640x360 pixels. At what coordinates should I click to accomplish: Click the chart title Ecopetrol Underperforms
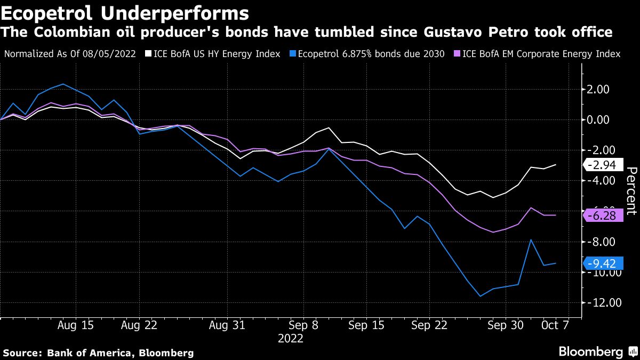point(125,12)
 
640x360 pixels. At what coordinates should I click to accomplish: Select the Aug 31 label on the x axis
point(227,325)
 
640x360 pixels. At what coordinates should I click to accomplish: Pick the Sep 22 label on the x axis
point(429,325)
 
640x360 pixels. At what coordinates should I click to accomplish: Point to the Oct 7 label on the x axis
point(556,325)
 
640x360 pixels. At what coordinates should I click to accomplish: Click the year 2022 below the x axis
point(291,338)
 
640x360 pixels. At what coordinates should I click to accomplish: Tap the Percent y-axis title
point(631,191)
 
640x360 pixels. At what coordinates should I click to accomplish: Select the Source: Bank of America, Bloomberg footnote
point(98,353)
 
